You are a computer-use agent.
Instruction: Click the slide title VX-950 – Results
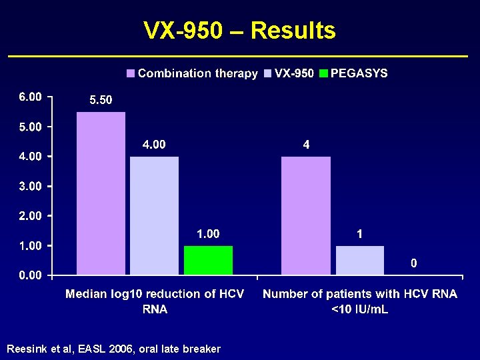[240, 31]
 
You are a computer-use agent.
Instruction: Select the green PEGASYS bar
[208, 260]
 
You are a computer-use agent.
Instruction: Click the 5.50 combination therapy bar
[101, 193]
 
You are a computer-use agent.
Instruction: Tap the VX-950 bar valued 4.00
[154, 215]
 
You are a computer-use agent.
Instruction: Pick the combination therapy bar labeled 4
[306, 215]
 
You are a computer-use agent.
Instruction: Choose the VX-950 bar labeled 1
[359, 260]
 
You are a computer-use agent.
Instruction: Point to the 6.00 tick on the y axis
[30, 97]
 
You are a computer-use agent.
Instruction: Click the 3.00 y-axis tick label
[30, 186]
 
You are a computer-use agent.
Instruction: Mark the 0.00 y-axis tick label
[30, 275]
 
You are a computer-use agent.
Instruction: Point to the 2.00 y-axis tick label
[30, 216]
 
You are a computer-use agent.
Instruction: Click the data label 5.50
[101, 100]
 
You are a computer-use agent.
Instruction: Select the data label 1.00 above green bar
[208, 234]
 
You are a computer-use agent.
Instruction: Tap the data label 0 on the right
[413, 263]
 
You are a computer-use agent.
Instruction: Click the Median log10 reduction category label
[154, 301]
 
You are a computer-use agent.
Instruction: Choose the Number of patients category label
[360, 301]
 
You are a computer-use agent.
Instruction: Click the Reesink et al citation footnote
[113, 349]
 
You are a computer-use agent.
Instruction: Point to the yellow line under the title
[240, 55]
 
